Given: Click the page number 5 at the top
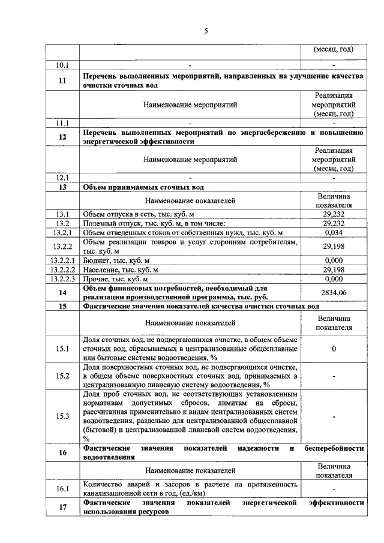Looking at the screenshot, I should click(x=206, y=31).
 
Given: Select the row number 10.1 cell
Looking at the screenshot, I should click(x=62, y=64).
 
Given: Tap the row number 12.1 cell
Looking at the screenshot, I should click(x=62, y=178).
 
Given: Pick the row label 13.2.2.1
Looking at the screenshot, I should click(x=62, y=261).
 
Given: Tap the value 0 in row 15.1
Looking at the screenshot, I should click(x=334, y=349).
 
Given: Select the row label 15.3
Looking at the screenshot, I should click(x=62, y=416).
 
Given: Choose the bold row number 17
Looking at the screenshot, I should click(x=62, y=508).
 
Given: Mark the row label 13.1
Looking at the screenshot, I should click(x=62, y=214).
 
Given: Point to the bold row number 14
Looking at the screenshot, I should click(x=62, y=292).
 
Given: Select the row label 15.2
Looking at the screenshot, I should click(x=62, y=376).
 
